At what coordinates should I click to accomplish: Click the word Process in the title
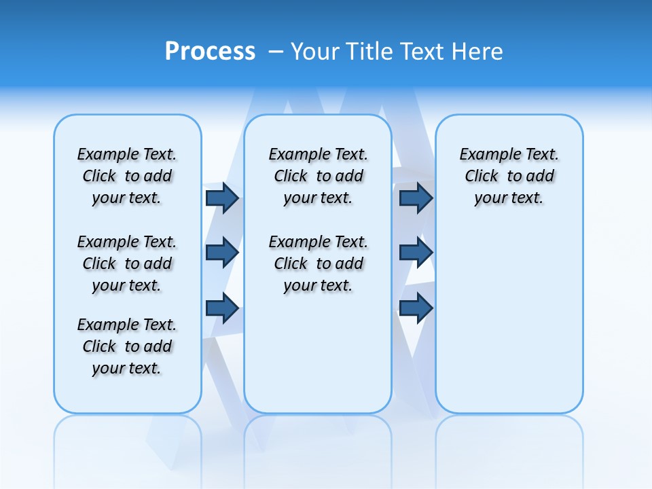210,52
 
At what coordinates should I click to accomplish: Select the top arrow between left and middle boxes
222,198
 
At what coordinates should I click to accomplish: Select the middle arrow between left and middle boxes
222,253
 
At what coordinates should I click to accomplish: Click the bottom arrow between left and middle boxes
222,308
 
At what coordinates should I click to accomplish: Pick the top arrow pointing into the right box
416,198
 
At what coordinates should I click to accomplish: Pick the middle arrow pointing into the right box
416,253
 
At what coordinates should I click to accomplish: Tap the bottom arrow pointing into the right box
416,308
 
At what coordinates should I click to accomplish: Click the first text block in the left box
127,176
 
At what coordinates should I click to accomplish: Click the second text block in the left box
127,264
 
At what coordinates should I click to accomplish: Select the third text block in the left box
127,346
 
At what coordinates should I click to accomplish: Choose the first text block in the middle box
318,176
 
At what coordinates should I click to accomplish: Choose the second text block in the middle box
318,264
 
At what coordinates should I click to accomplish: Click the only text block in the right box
509,176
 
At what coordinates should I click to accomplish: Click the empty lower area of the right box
509,326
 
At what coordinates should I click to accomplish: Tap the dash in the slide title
276,52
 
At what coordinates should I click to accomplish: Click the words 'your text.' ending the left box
127,369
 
